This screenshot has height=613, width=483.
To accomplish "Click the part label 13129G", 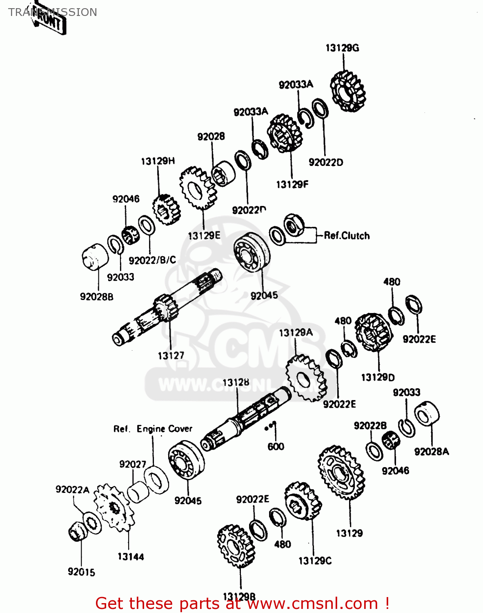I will point(342,48).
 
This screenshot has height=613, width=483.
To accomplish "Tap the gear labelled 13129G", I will point(347,92).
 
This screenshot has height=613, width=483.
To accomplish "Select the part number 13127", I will point(171,356).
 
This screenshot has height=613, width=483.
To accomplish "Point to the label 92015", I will point(81,572).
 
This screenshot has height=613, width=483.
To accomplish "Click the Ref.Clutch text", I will point(347,236).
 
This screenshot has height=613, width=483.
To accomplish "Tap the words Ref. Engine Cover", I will point(153,429).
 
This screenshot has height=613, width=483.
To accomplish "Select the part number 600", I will point(276,447).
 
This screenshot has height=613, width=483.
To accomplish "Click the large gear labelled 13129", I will point(341,472).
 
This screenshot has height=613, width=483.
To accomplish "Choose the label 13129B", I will point(239,597).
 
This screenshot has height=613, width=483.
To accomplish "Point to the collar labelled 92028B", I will point(95,256).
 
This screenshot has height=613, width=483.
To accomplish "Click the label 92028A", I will point(431,452).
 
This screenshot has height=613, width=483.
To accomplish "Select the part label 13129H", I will point(158,161).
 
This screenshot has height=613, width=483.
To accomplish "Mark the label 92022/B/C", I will point(152,260).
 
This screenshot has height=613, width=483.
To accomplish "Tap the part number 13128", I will point(236,383).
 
